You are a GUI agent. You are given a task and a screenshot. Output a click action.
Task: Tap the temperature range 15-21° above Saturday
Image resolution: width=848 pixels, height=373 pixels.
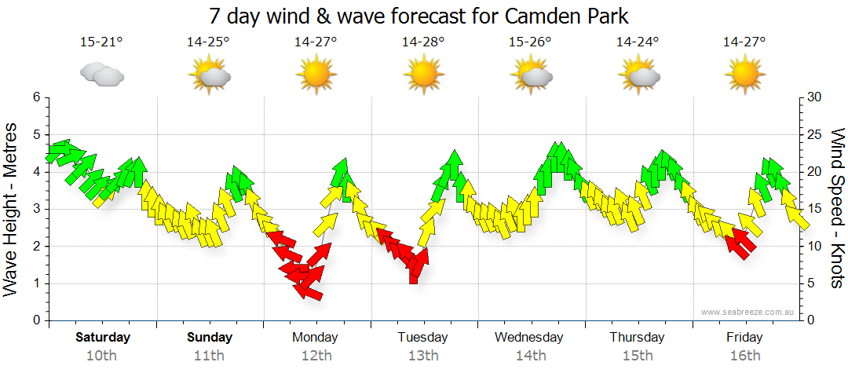click(101, 42)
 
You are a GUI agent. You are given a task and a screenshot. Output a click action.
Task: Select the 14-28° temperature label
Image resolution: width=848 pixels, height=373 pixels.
click(423, 42)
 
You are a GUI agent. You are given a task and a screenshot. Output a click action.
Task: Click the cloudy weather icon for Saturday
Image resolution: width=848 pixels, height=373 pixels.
click(101, 75)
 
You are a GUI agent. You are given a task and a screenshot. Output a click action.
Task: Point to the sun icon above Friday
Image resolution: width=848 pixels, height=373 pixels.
click(744, 75)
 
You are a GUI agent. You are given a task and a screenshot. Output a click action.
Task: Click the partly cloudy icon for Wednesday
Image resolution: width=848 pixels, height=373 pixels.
click(532, 75)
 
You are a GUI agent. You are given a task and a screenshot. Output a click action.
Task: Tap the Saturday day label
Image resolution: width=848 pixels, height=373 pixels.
click(103, 338)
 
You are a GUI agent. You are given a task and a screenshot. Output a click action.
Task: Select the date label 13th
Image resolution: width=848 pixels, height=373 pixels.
click(423, 356)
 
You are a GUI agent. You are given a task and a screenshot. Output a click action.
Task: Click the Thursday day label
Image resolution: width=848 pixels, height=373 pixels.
click(637, 338)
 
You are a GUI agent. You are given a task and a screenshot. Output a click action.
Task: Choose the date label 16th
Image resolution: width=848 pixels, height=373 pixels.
click(744, 356)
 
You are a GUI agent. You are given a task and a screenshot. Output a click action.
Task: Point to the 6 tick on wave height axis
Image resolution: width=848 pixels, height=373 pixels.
click(35, 97)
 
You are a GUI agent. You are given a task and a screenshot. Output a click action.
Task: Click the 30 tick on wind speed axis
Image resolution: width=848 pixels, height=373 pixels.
click(815, 97)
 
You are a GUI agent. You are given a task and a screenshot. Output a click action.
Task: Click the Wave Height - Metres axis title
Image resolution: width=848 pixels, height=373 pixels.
click(12, 208)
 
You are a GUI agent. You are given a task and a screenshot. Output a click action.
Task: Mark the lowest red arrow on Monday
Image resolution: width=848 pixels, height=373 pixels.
click(308, 290)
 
